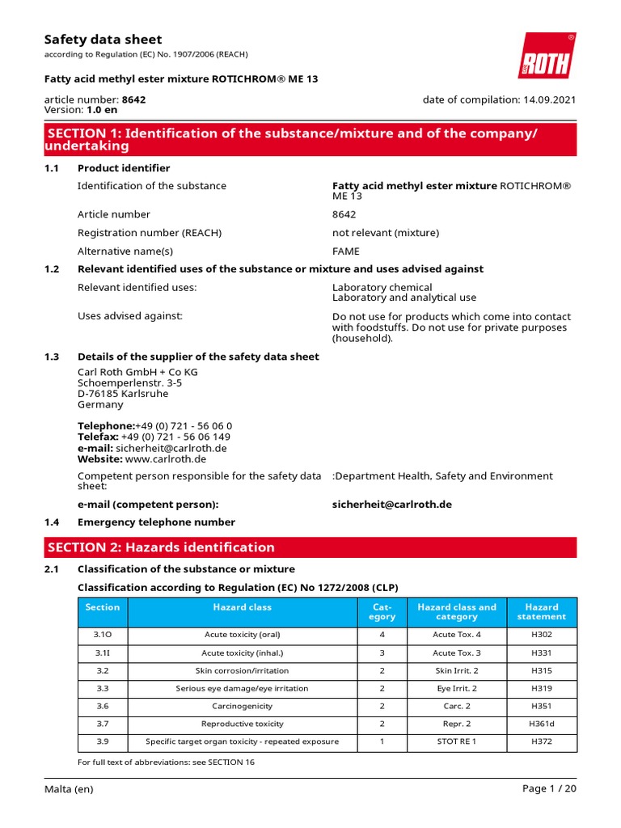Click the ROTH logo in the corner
coord(547,57)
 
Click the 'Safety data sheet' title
coord(103,40)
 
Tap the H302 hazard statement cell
coord(541,635)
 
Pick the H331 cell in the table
coord(541,653)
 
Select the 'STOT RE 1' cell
coord(457,741)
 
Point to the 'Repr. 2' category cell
coord(457,724)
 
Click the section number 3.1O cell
coord(103,635)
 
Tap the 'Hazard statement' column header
coord(541,611)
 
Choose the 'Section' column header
coord(103,607)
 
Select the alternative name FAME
coord(346,251)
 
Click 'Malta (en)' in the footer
coord(69,789)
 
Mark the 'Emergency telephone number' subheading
coord(156,522)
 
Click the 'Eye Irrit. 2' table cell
coord(457,688)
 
